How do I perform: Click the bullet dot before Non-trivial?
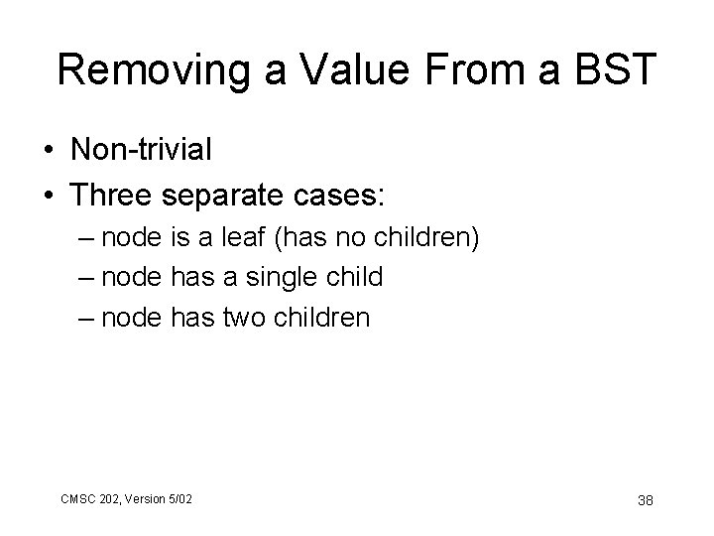pyautogui.click(x=48, y=150)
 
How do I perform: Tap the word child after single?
pyautogui.click(x=352, y=277)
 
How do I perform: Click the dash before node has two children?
pyautogui.click(x=85, y=318)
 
